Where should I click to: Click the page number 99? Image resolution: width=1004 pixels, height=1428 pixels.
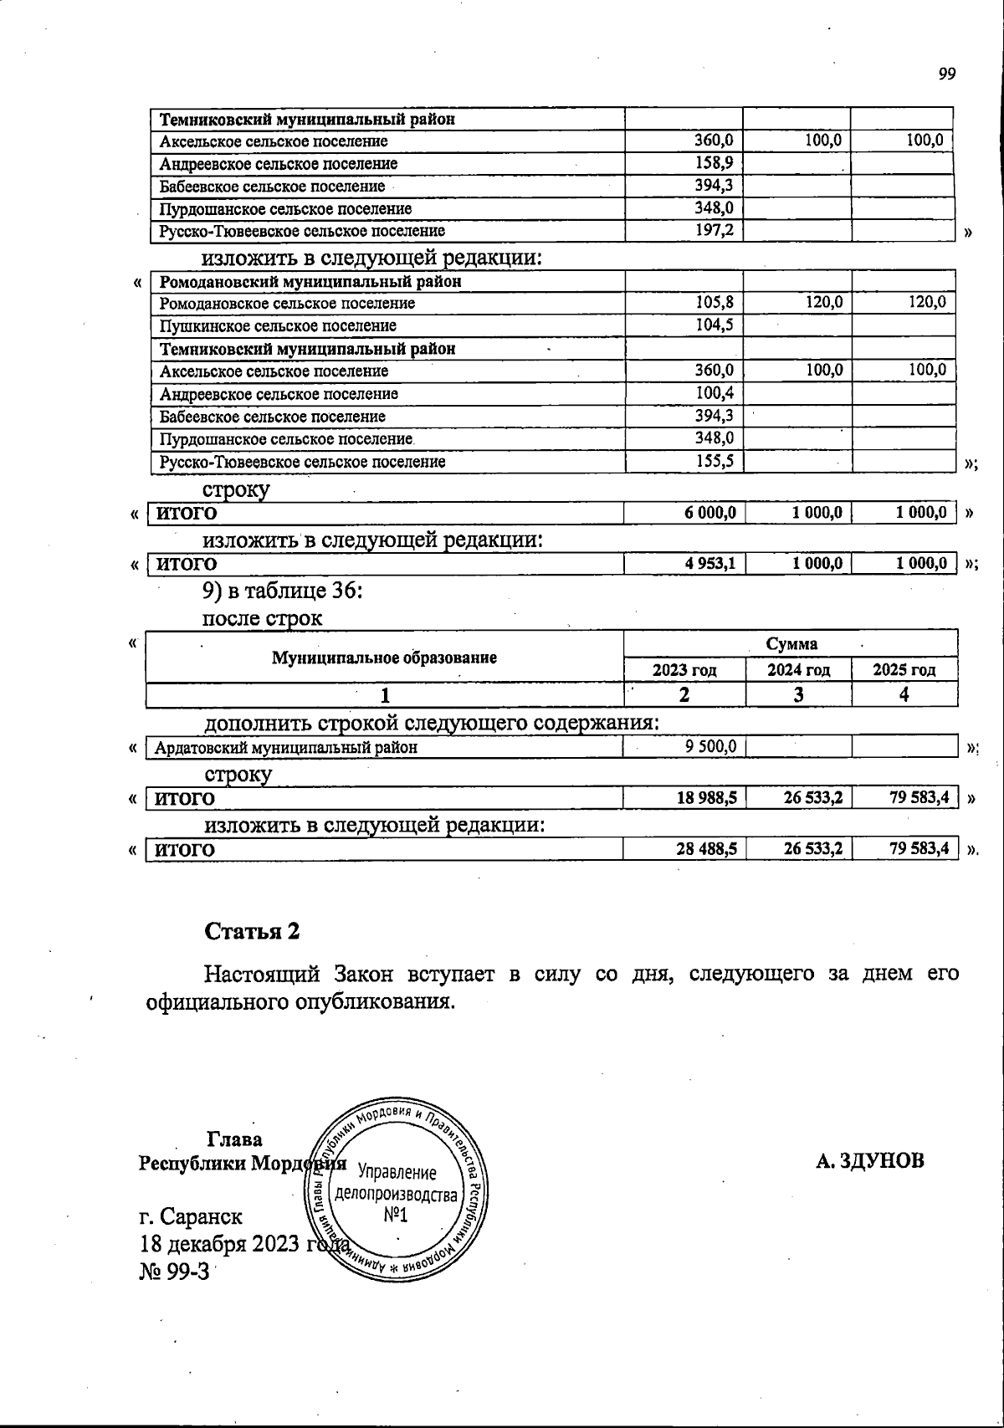(x=946, y=74)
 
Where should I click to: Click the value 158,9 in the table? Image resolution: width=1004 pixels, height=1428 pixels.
(x=715, y=163)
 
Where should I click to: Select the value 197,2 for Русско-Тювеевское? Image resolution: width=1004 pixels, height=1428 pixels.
(x=715, y=230)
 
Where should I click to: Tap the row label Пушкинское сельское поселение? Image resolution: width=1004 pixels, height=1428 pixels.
(x=278, y=326)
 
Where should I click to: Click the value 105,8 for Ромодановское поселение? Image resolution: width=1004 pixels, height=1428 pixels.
(x=715, y=303)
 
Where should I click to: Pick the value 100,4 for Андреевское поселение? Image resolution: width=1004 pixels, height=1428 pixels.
(x=715, y=393)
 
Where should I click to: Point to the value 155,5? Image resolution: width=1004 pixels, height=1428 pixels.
(x=715, y=461)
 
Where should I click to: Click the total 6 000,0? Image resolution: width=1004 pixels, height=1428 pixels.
(x=710, y=513)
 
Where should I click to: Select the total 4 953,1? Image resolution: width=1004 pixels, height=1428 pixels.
(x=710, y=565)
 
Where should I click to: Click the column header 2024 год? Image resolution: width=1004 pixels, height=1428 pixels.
(x=799, y=670)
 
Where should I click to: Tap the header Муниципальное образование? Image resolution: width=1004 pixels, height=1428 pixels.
(x=384, y=658)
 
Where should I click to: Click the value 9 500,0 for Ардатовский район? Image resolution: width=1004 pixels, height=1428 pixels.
(x=710, y=747)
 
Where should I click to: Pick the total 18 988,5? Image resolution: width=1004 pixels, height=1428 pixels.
(x=707, y=799)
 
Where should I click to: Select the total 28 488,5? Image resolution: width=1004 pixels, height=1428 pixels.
(x=707, y=850)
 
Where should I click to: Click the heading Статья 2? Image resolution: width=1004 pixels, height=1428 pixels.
(x=252, y=931)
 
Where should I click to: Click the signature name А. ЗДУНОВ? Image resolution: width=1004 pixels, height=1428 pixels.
(x=870, y=1161)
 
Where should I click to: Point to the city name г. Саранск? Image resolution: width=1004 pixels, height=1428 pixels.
(x=191, y=1216)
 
